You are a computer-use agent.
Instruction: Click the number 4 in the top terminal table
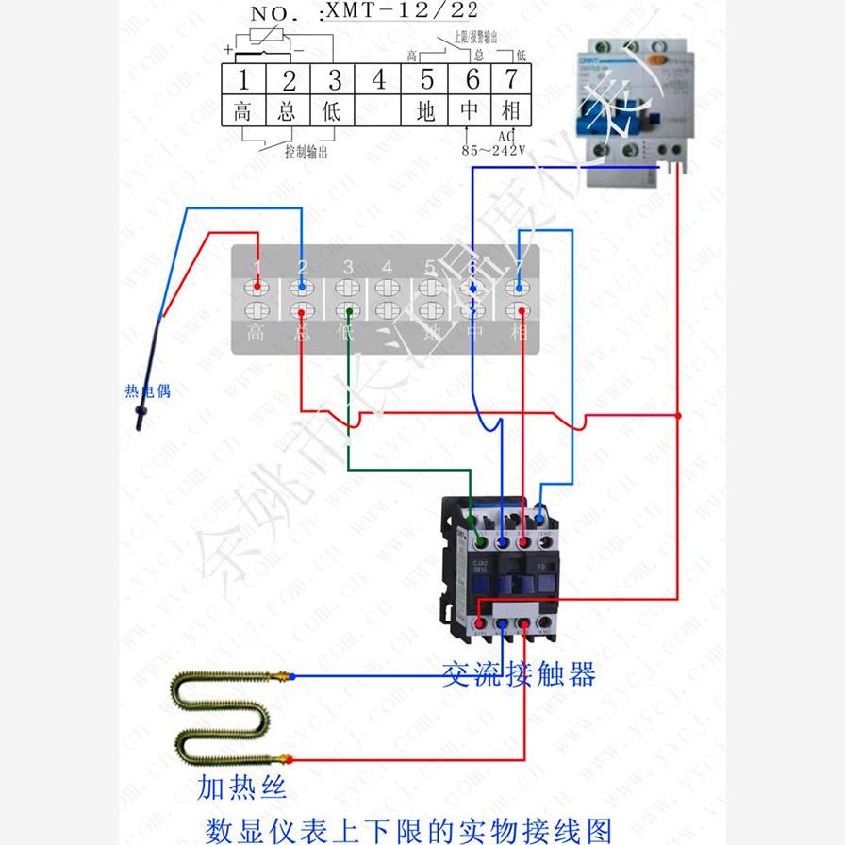coord(379,79)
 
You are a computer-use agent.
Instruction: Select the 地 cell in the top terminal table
coord(426,111)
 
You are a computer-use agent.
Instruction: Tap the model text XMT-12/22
coord(400,12)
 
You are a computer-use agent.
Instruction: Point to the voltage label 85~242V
coord(493,149)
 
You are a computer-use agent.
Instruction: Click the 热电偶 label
coord(148,390)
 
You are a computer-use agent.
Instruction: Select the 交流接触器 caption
coord(519,673)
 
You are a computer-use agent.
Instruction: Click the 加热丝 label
coord(241,785)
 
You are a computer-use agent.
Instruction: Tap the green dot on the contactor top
coord(481,542)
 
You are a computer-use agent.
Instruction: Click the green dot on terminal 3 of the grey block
coord(348,310)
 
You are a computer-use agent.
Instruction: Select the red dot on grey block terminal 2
coord(301,310)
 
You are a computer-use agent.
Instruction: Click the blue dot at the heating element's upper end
coord(292,676)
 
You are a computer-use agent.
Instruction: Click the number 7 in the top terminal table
coord(510,79)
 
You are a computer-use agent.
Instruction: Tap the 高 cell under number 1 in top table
coord(242,111)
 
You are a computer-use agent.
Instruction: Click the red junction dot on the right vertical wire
coord(678,414)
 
